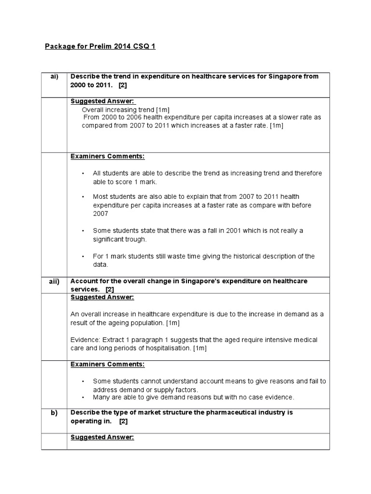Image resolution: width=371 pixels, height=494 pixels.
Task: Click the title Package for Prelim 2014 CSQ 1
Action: pyautogui.click(x=100, y=46)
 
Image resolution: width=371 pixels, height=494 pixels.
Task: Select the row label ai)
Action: pyautogui.click(x=54, y=77)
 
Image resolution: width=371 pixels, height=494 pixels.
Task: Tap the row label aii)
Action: pyautogui.click(x=54, y=281)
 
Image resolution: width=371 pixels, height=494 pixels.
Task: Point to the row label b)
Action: pyautogui.click(x=54, y=413)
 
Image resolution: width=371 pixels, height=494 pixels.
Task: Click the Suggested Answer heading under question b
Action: pyautogui.click(x=102, y=438)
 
